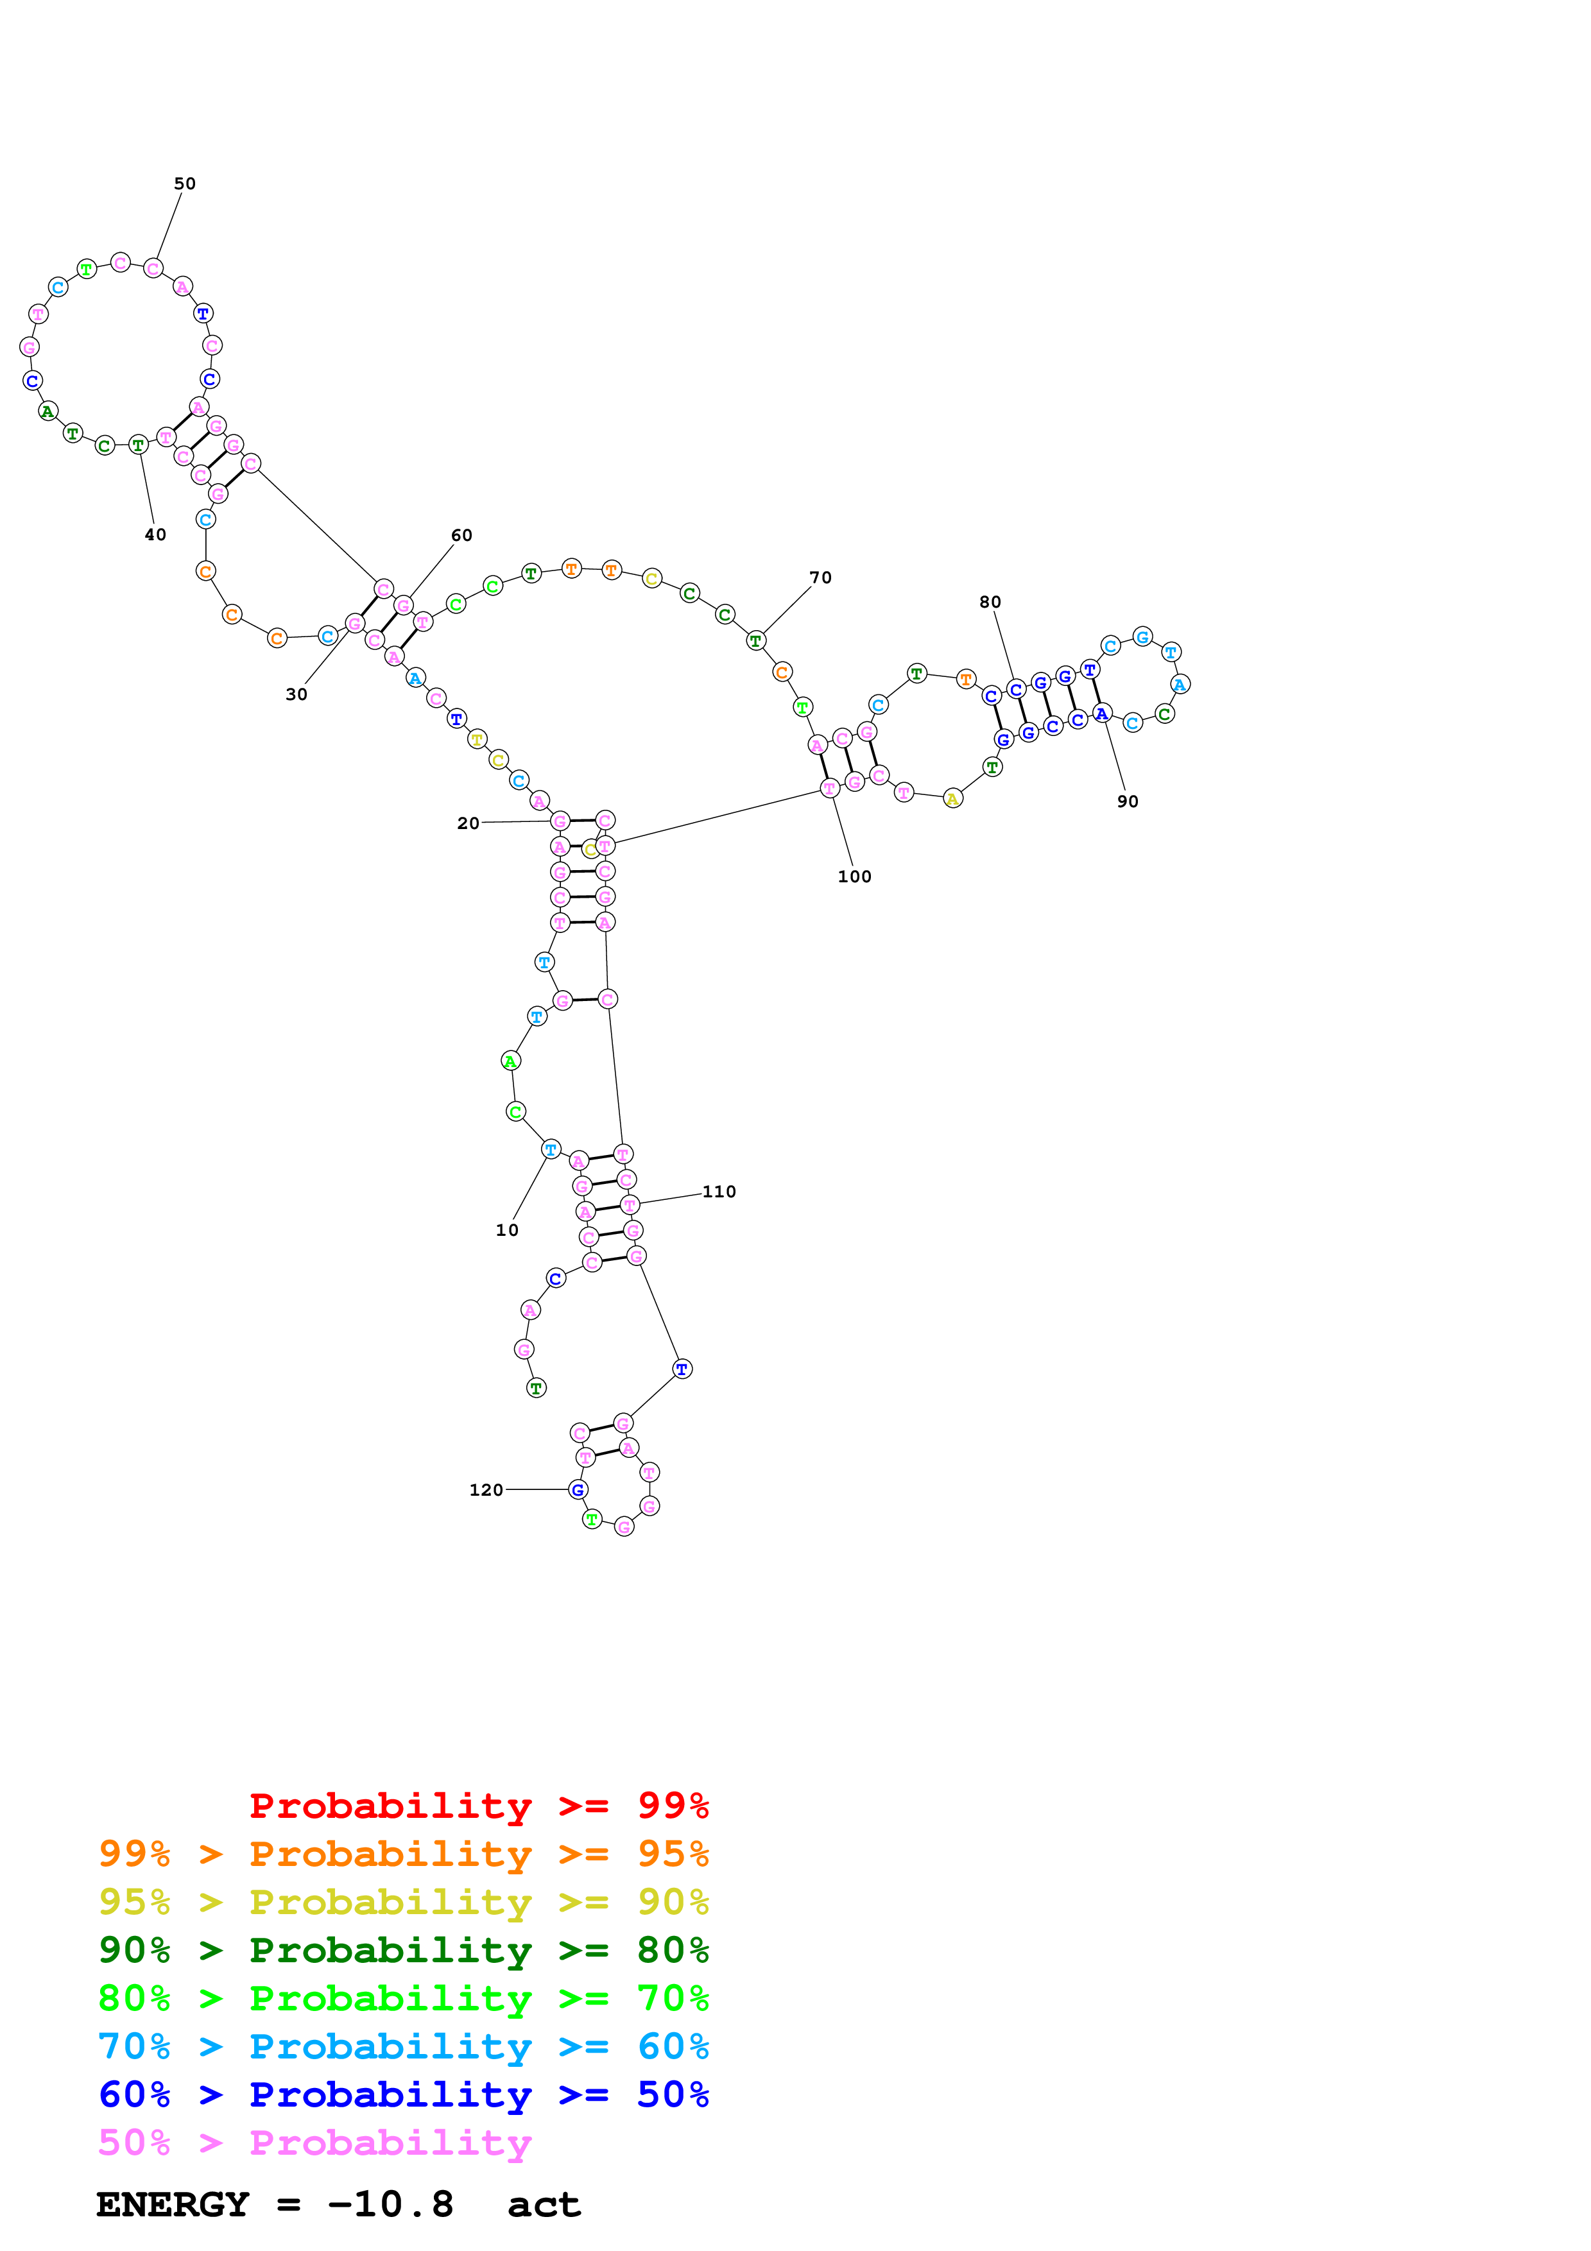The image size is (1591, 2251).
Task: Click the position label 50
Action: pos(184,184)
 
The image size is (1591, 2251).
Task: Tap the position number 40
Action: pos(155,535)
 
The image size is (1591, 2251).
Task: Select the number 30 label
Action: pos(296,694)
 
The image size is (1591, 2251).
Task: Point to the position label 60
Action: pos(461,535)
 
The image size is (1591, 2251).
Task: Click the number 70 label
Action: pos(820,578)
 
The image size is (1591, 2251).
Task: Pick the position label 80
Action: pos(990,602)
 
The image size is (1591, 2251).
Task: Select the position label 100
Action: pos(854,877)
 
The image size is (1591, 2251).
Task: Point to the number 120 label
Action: pos(486,1489)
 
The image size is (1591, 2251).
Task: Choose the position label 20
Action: pos(468,823)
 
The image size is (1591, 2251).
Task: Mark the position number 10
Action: pos(507,1229)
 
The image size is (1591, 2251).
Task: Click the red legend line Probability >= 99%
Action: pos(478,1805)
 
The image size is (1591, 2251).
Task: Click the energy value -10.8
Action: pos(390,2204)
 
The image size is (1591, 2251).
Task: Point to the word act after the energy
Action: pos(544,2205)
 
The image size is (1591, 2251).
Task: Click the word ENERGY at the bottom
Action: pos(173,2204)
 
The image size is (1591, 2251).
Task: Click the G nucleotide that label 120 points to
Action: pos(578,1489)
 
